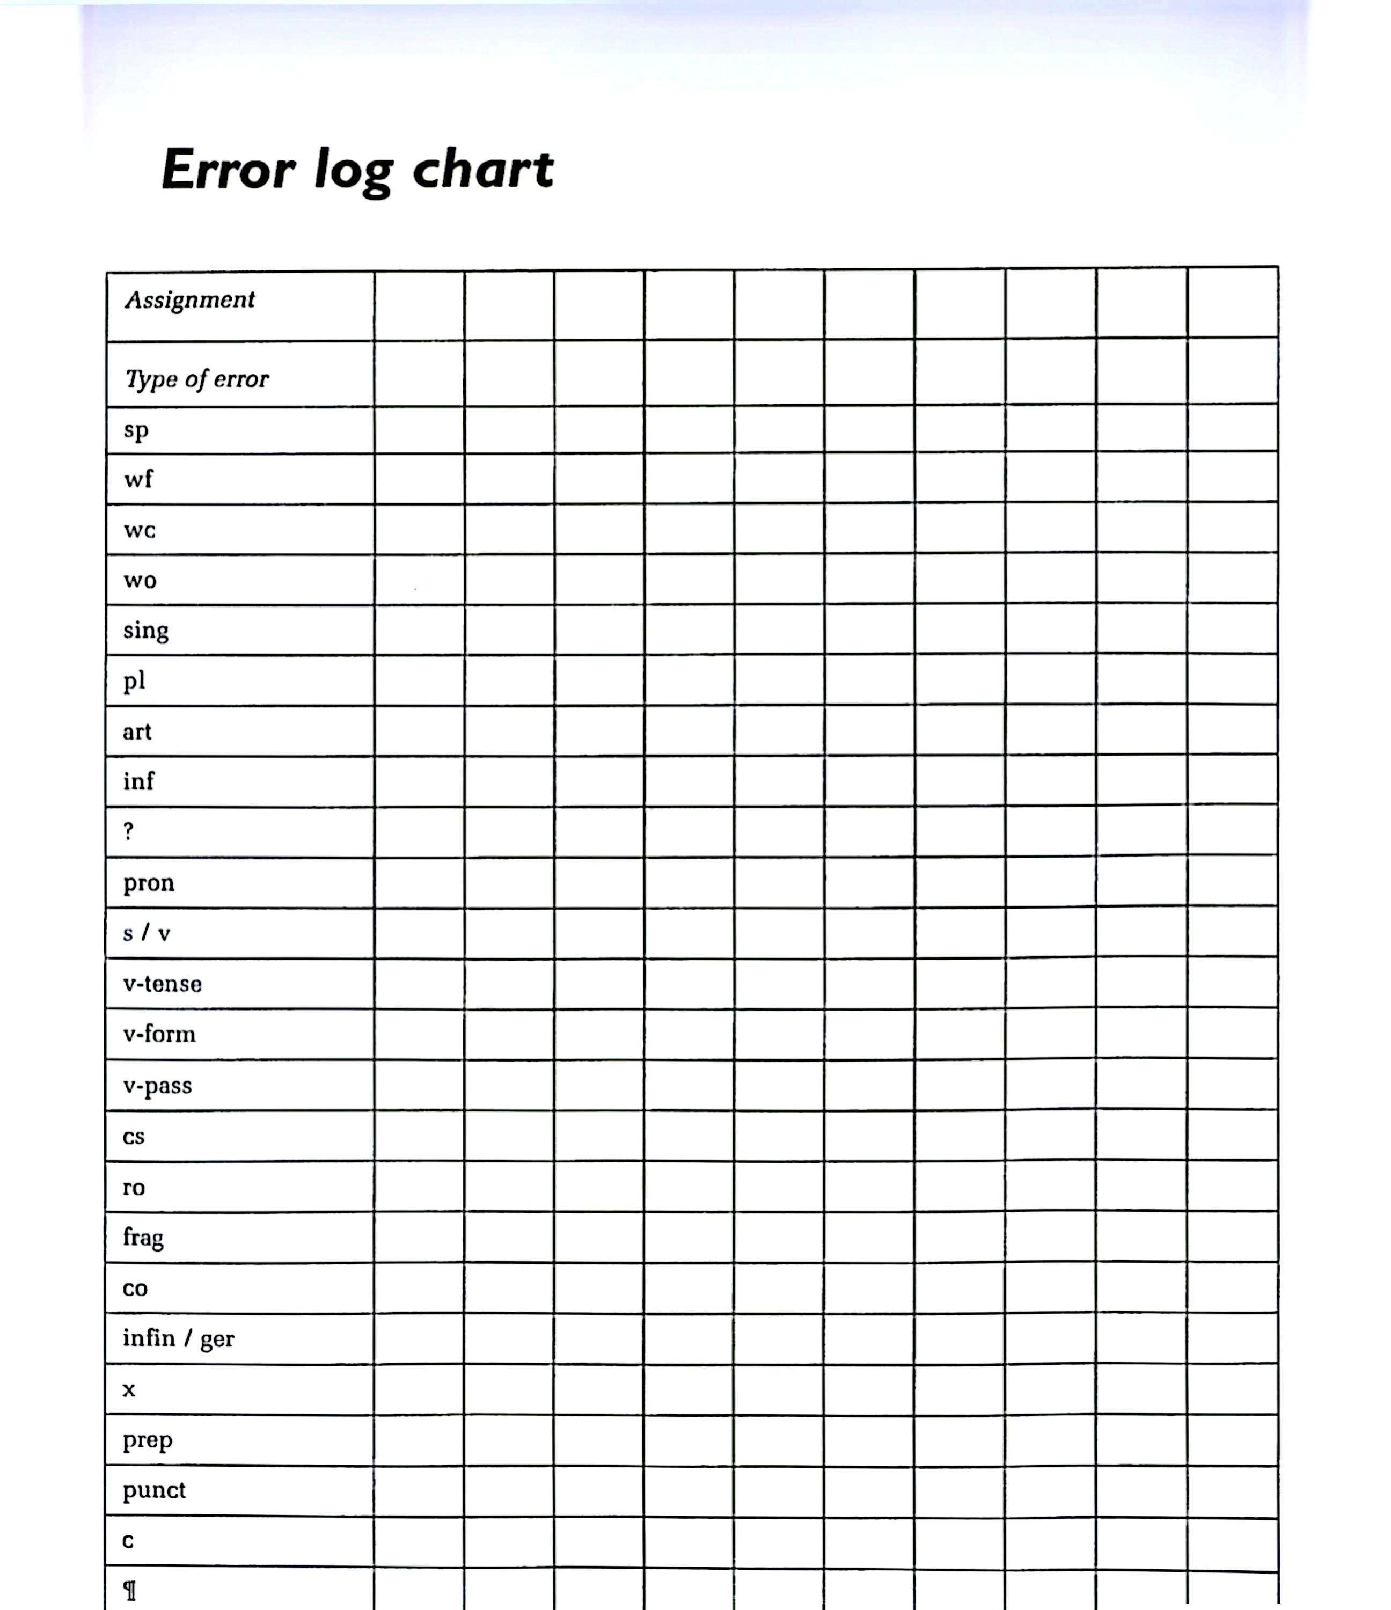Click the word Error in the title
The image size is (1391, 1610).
pos(228,170)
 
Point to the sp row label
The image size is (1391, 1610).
pos(135,430)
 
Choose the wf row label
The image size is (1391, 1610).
pos(138,479)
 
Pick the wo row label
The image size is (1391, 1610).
pos(140,581)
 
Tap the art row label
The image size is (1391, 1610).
pos(137,732)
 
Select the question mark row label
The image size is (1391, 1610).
pos(128,831)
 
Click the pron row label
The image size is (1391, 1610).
pos(149,883)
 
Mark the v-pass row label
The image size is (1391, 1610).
pos(157,1086)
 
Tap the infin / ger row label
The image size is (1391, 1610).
pos(178,1338)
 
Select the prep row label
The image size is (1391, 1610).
pos(147,1440)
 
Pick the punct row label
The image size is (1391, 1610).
pos(154,1490)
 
